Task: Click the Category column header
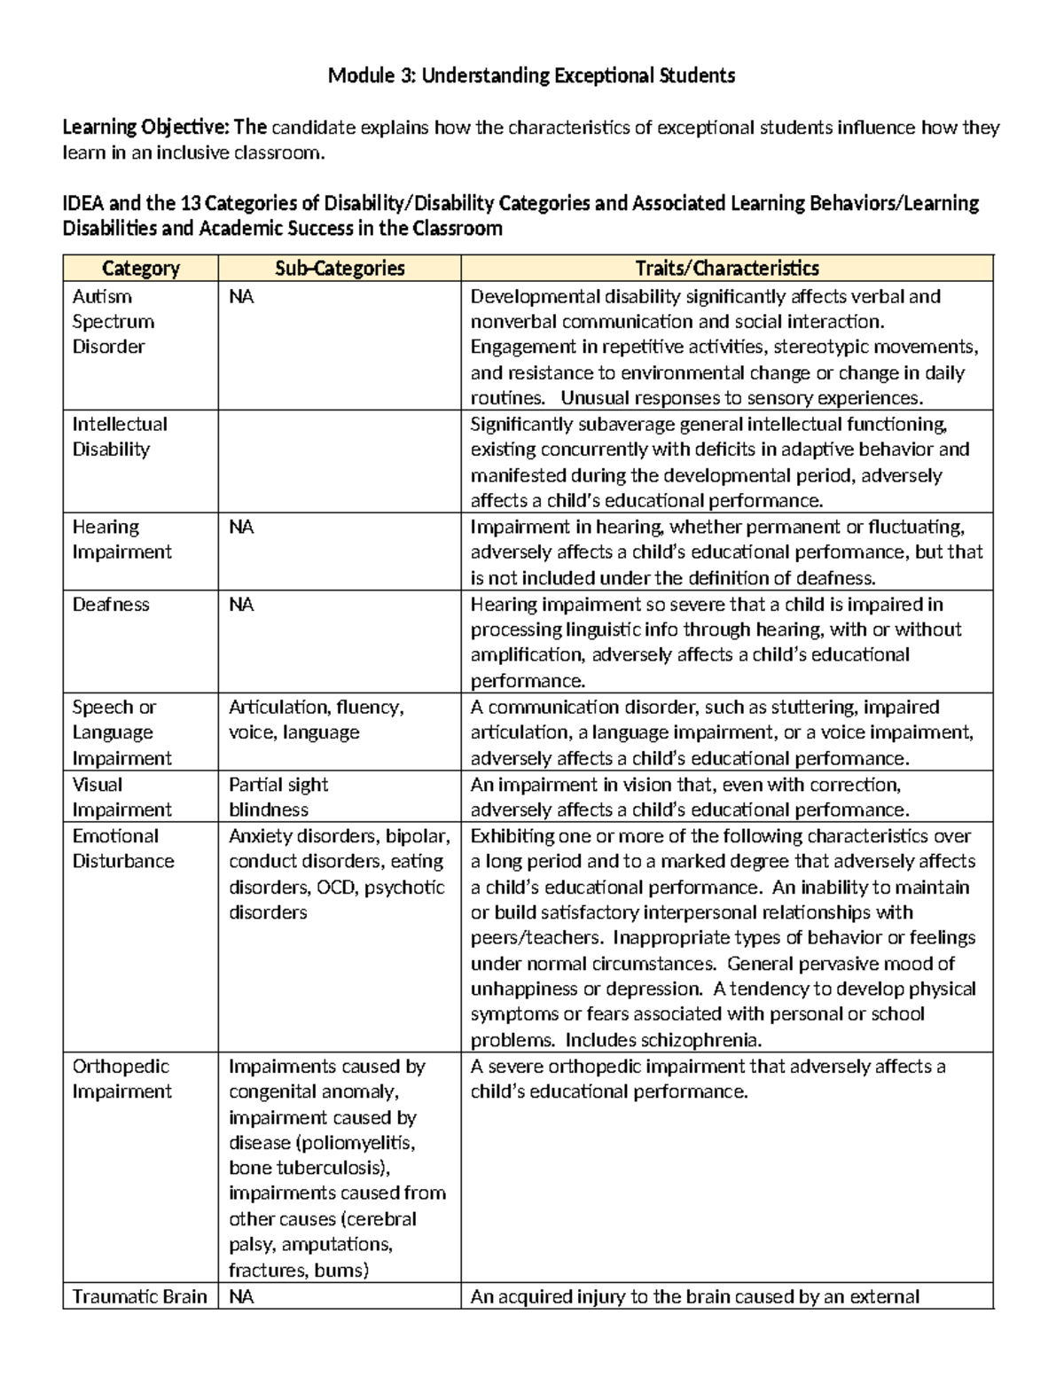pyautogui.click(x=140, y=268)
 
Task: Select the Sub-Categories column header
pyautogui.click(x=340, y=268)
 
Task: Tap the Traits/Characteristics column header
pyautogui.click(x=726, y=268)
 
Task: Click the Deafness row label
pyautogui.click(x=111, y=605)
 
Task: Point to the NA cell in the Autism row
pyautogui.click(x=241, y=297)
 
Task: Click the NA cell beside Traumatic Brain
pyautogui.click(x=241, y=1296)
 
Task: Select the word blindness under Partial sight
pyautogui.click(x=269, y=810)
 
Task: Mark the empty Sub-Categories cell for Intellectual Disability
pyautogui.click(x=340, y=461)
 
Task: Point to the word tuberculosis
pyautogui.click(x=325, y=1168)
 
